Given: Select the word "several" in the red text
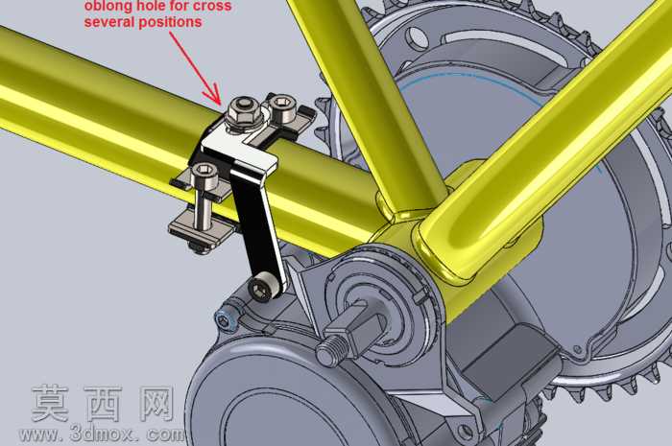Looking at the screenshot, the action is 108,21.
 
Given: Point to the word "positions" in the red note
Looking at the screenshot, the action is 169,22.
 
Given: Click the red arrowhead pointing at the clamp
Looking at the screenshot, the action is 213,95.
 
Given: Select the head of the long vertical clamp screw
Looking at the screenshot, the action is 204,174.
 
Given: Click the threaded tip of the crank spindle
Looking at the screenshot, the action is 328,349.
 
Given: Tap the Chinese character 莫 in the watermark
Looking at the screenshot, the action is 51,403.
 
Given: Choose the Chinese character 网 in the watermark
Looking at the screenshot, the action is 157,403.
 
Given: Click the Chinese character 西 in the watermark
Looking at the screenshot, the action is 104,403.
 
